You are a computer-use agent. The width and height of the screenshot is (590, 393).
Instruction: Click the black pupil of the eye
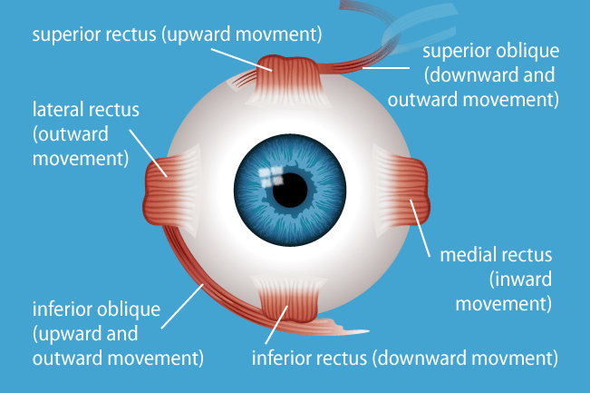[290, 191]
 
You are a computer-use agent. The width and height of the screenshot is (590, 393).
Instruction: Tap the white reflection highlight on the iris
[271, 177]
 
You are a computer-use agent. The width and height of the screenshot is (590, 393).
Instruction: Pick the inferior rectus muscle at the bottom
[289, 300]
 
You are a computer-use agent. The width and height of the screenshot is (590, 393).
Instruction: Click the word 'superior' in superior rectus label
[68, 34]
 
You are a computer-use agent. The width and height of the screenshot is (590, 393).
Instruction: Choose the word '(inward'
[520, 280]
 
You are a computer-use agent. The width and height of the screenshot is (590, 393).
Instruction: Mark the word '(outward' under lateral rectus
[71, 134]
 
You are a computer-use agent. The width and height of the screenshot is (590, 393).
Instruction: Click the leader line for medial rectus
[420, 229]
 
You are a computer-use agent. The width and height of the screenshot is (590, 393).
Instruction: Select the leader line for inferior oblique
[182, 306]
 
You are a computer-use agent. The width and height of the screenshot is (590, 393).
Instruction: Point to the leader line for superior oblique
[386, 68]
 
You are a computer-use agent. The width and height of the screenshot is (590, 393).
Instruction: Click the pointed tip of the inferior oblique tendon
[369, 331]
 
